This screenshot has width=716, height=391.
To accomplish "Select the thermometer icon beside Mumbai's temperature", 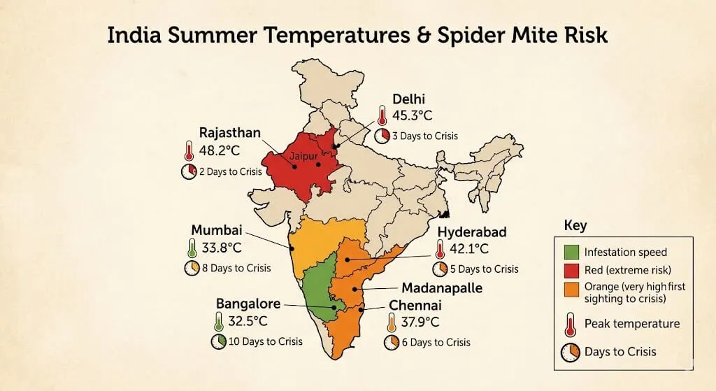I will [192, 248].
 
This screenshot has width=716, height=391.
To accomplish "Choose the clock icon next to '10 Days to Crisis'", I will [218, 341].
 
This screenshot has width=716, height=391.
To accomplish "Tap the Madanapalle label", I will [442, 288].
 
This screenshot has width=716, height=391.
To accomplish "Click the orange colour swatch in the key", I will [570, 287].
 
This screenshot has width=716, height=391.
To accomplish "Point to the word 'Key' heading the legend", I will [575, 227].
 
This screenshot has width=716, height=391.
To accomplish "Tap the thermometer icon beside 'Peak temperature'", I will [570, 323].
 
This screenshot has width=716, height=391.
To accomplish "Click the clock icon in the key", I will [570, 352].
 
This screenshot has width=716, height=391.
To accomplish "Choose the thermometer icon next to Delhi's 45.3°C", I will [382, 115].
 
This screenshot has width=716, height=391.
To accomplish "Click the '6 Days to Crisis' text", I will [436, 342].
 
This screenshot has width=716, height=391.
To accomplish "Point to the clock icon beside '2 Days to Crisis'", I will [189, 172].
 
